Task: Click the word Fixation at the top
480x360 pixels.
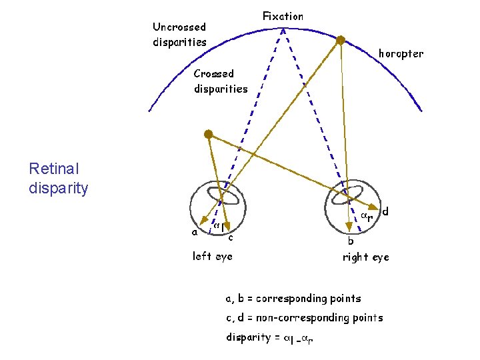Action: point(283,16)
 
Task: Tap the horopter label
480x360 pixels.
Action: point(401,53)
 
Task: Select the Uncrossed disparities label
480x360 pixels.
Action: point(179,34)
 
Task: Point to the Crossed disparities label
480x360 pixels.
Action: point(220,81)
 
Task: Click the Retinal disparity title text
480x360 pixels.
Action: point(58,179)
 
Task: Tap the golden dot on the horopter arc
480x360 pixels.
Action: point(340,40)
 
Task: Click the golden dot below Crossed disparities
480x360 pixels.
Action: point(208,134)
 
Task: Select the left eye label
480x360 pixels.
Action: point(212,255)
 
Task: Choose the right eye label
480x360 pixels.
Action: point(365,257)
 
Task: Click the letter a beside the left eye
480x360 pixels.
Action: point(195,233)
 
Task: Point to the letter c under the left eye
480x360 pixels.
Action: point(230,237)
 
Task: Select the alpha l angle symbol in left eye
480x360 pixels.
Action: point(217,227)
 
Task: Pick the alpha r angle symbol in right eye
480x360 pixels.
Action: point(366,216)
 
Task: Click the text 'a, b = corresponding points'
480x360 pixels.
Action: point(293,298)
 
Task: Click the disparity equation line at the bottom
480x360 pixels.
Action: point(269,338)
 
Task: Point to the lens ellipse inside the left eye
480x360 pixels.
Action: point(223,195)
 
